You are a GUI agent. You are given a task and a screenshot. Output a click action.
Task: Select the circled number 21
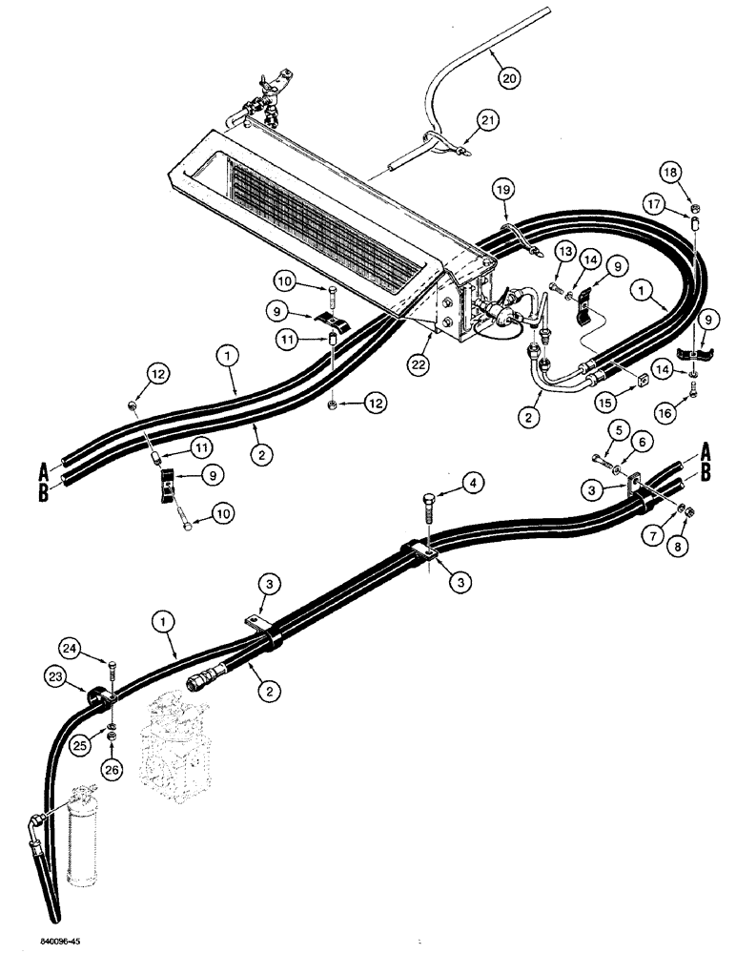tap(488, 120)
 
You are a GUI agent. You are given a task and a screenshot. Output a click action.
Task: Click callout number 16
tap(666, 411)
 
